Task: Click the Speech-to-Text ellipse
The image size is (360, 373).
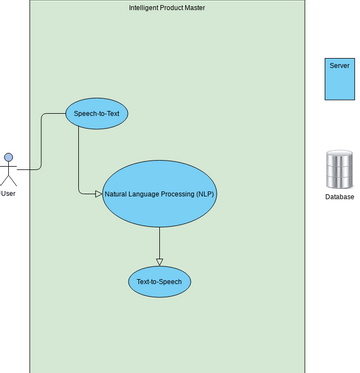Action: coord(96,114)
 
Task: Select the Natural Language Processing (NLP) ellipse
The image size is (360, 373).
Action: coord(159,192)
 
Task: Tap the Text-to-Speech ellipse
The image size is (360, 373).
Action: coord(159,282)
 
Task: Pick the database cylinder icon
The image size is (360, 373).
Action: coord(339,169)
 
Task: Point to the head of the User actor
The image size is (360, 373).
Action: coord(9,156)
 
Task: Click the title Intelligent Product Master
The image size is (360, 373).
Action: coord(168,8)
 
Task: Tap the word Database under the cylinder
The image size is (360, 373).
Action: coord(339,197)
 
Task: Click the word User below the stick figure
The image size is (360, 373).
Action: coord(9,193)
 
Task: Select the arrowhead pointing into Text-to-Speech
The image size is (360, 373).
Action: coord(159,261)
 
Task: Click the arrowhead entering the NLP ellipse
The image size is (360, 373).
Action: coord(98,193)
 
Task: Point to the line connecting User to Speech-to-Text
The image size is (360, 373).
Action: coord(41,140)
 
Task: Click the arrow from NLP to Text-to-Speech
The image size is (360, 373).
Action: coord(159,243)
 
